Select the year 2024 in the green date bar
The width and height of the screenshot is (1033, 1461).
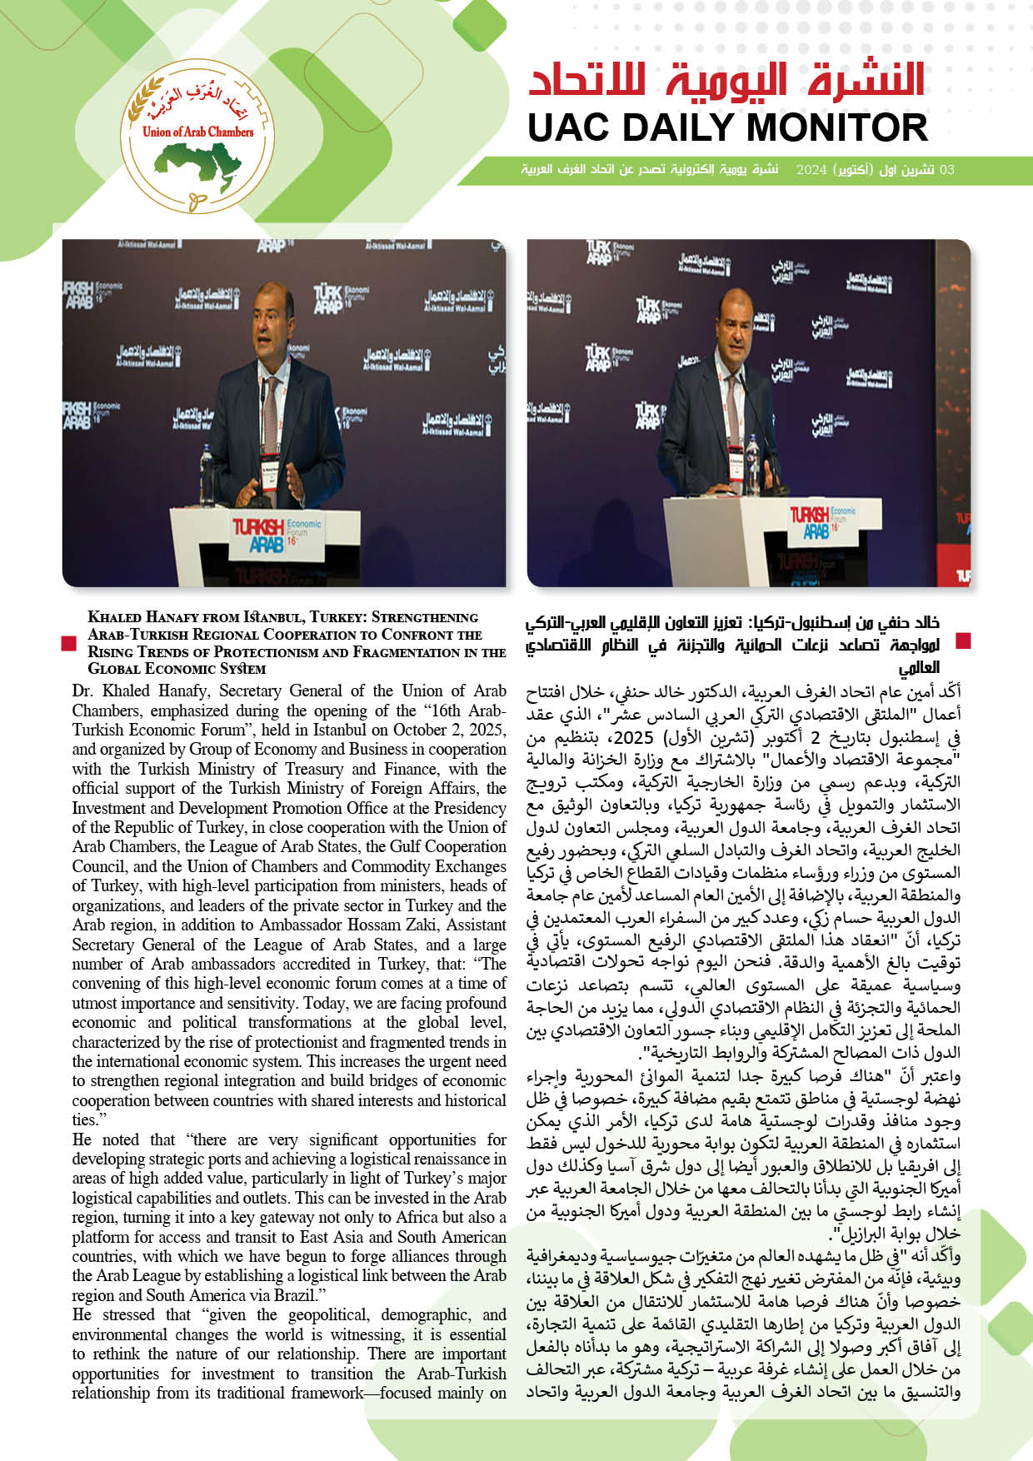pos(811,170)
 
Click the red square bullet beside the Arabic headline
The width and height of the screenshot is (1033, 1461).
pos(963,641)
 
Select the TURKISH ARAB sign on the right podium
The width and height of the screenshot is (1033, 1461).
pos(810,521)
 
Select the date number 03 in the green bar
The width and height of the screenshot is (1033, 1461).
pos(946,170)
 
